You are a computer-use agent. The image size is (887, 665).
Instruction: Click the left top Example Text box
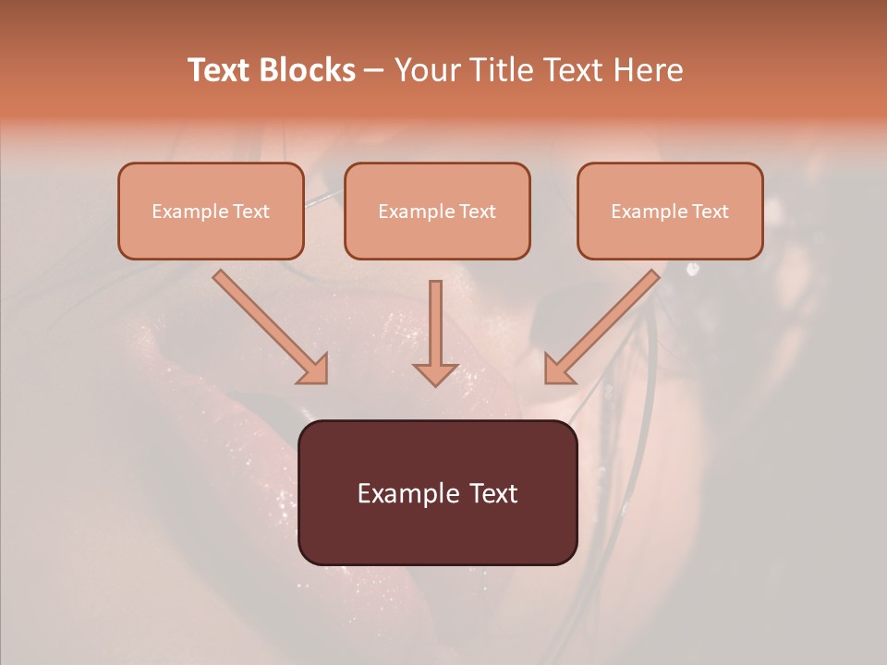tap(211, 211)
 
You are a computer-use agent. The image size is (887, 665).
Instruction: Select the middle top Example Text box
tap(437, 211)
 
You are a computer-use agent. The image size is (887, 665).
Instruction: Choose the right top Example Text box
tap(670, 211)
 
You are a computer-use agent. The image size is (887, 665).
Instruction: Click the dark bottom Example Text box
tap(437, 492)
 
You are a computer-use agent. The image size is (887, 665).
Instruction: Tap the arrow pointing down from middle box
tap(435, 328)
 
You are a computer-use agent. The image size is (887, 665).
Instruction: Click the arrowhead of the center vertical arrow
tap(435, 373)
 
